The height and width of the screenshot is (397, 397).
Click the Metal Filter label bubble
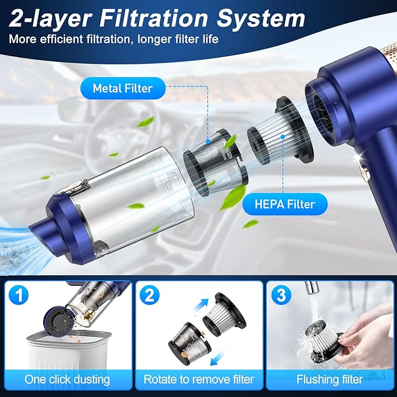[x=123, y=88]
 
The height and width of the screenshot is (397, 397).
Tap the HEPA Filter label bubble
[x=285, y=204]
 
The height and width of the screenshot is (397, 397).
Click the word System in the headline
[x=261, y=18]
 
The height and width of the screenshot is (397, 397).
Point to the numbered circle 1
[x=19, y=295]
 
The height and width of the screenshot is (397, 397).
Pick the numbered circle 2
[x=150, y=295]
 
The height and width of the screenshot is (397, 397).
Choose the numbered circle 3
[x=281, y=295]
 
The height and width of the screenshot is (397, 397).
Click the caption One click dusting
[x=67, y=379]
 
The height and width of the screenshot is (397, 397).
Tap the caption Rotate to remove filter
[x=199, y=379]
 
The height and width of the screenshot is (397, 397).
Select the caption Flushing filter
[x=330, y=379]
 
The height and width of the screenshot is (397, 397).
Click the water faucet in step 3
[x=312, y=287]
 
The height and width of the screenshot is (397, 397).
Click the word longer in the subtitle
[x=155, y=40]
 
